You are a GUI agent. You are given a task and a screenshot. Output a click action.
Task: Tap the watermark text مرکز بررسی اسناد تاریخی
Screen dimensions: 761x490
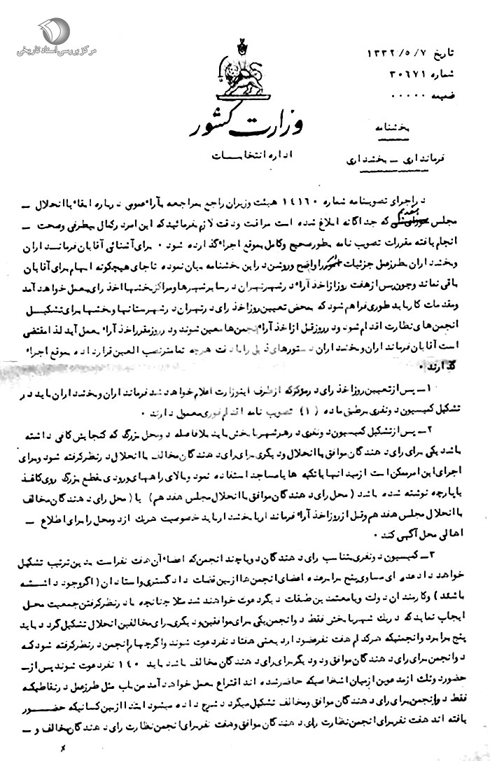45,53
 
